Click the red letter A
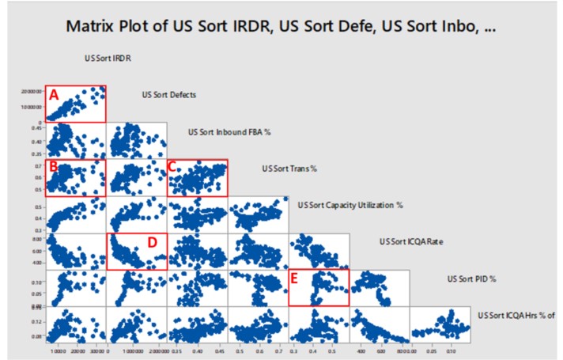[x=54, y=94]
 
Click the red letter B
[x=53, y=166]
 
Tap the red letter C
[x=172, y=166]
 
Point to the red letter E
[x=296, y=278]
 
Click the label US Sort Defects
[x=168, y=95]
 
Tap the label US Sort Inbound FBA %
[x=225, y=131]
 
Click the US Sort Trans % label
[x=289, y=169]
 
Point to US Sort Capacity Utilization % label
[x=350, y=205]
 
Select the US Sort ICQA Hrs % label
[x=516, y=316]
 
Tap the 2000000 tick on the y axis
[x=30, y=91]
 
